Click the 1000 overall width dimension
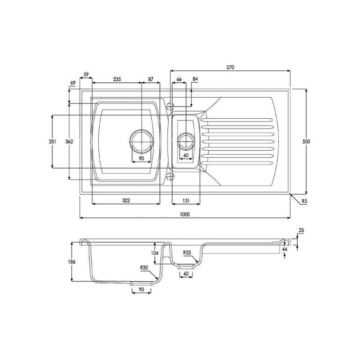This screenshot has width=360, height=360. click(185, 214)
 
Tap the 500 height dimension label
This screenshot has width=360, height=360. click(306, 141)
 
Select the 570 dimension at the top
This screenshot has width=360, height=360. click(230, 67)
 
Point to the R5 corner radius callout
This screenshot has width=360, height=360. click(304, 201)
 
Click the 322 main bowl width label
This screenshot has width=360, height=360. click(126, 201)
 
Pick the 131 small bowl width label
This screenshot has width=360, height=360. click(186, 201)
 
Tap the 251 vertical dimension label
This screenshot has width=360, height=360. click(52, 141)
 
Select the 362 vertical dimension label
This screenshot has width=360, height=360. click(69, 141)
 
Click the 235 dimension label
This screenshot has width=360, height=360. click(117, 79)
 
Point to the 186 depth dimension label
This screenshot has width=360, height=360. click(72, 261)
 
